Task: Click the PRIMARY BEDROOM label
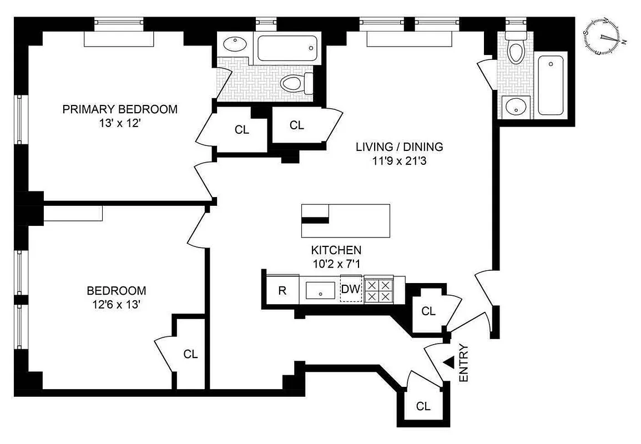click(120, 109)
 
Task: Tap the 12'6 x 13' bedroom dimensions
click(117, 305)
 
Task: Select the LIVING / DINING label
click(399, 147)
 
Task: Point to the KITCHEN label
click(336, 250)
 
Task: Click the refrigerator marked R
click(282, 290)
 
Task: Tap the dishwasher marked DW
click(350, 289)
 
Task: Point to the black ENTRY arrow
click(448, 362)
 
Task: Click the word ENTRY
click(464, 363)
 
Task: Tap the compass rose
click(605, 38)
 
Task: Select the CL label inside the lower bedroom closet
click(190, 354)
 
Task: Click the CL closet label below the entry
click(423, 406)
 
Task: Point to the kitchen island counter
click(345, 214)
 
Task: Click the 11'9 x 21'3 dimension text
click(399, 162)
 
